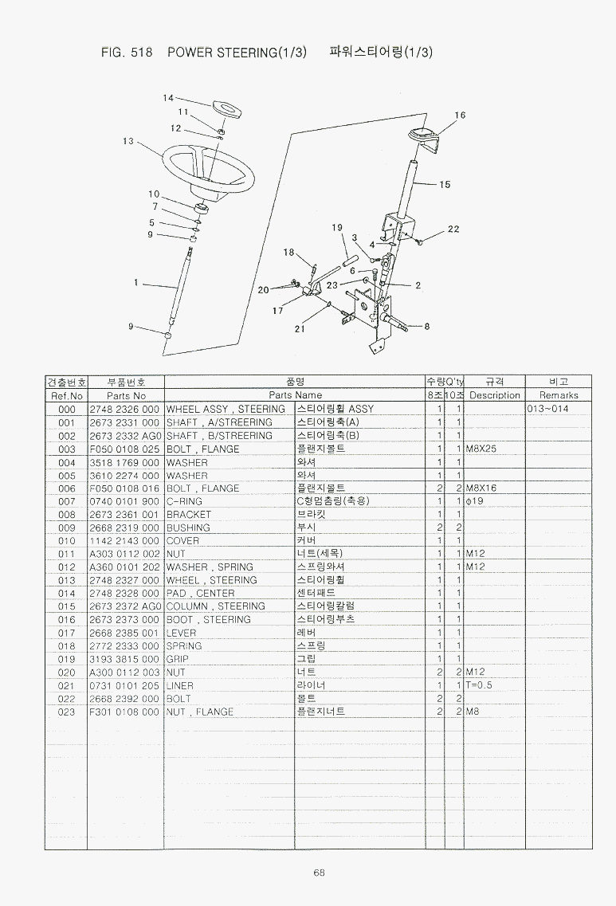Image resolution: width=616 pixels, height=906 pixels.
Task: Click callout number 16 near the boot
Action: click(460, 116)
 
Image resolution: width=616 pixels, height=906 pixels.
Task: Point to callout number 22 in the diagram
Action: click(453, 229)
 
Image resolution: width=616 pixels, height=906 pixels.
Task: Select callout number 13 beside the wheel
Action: click(128, 141)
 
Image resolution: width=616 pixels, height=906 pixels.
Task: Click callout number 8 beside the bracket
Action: click(427, 325)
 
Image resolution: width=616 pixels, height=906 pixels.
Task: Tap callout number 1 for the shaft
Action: click(136, 282)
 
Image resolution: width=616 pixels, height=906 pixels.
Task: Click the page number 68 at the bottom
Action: click(319, 873)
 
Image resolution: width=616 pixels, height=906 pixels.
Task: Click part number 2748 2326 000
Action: click(124, 409)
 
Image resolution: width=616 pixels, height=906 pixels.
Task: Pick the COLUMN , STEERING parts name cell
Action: click(215, 606)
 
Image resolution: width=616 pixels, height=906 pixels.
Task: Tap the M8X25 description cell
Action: click(481, 449)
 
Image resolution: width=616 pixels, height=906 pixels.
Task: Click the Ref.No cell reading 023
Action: click(67, 712)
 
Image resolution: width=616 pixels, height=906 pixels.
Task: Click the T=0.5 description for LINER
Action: click(480, 685)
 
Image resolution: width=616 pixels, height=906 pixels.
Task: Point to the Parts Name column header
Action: click(295, 395)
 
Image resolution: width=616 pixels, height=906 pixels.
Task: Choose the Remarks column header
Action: click(558, 395)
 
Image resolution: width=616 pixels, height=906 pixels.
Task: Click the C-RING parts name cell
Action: click(184, 501)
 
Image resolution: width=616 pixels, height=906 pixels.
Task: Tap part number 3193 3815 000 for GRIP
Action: click(124, 659)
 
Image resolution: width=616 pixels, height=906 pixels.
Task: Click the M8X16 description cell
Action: click(481, 488)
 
